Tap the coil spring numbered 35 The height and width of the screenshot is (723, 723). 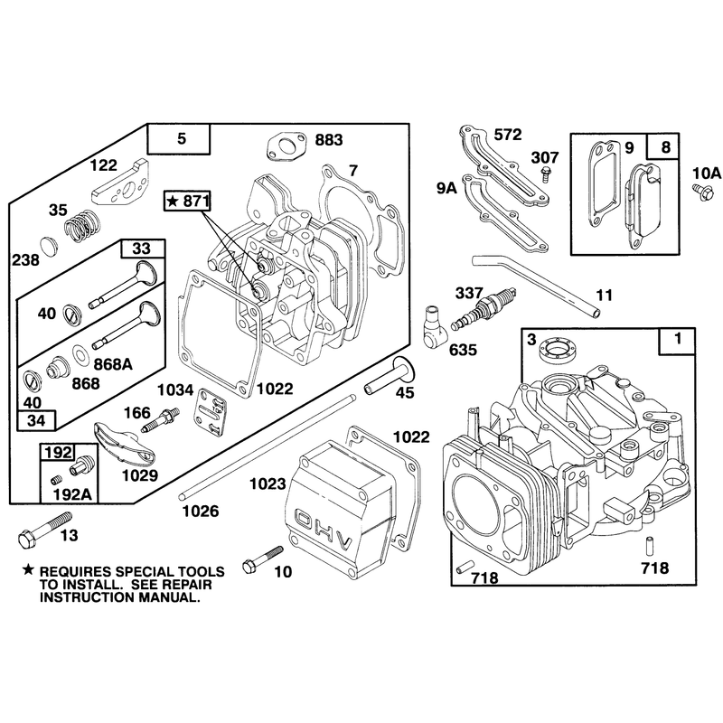click(x=81, y=224)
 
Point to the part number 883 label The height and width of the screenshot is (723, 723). click(x=329, y=140)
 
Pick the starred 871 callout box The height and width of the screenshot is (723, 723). click(x=188, y=201)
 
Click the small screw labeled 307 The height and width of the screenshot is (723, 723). click(x=546, y=174)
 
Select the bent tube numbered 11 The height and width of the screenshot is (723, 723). click(x=537, y=286)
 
